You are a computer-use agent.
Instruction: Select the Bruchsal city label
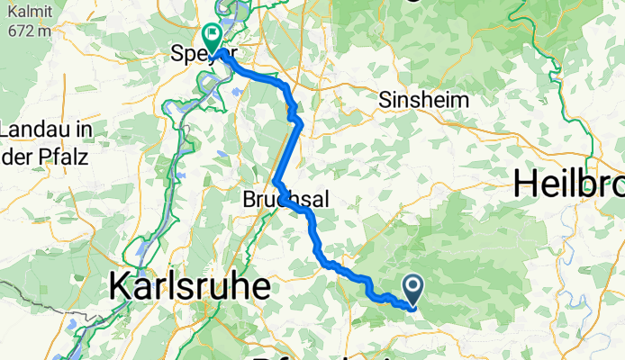277,202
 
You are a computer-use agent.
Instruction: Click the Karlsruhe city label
190,288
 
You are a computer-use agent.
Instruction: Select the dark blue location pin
413,288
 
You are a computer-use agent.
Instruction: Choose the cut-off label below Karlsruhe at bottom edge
297,355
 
